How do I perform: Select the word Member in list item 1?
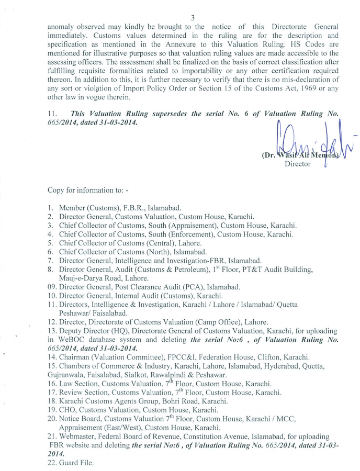pos(73,208)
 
